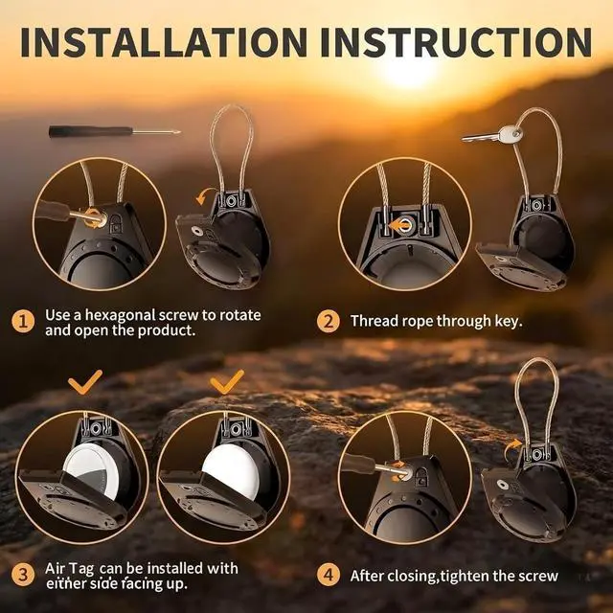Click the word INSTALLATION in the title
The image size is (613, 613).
click(164, 42)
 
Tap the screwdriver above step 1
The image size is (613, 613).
click(114, 131)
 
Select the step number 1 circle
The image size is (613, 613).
click(23, 322)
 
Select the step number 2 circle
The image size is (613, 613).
click(328, 322)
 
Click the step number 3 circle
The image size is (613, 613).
click(23, 575)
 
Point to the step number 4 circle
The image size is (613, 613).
click(328, 575)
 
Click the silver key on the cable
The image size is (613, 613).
click(492, 135)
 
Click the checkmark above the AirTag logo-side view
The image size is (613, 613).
click(85, 382)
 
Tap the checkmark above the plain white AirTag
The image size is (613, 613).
click(227, 382)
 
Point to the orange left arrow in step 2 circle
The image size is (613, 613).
click(398, 226)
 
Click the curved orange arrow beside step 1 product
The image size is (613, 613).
click(205, 195)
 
